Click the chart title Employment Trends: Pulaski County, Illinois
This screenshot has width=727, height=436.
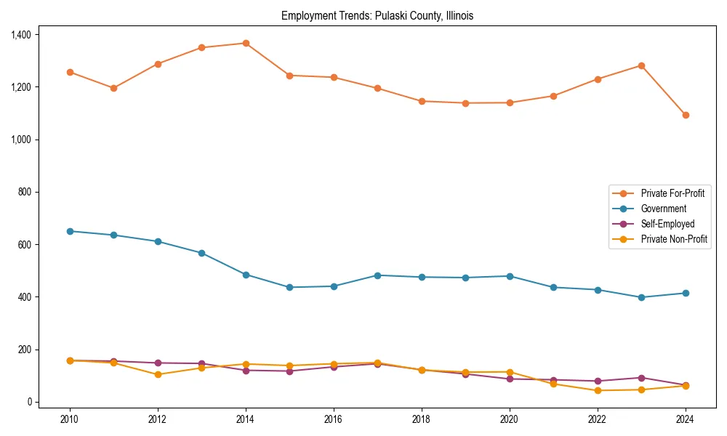pyautogui.click(x=377, y=16)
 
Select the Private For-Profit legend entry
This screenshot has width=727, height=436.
pyautogui.click(x=672, y=193)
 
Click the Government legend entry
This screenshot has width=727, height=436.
pyautogui.click(x=663, y=209)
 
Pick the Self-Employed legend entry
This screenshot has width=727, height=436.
pyautogui.click(x=667, y=224)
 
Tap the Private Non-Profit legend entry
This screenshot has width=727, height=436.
pyautogui.click(x=674, y=239)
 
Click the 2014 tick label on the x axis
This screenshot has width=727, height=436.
pyautogui.click(x=246, y=419)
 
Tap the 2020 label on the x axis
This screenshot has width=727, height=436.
pyautogui.click(x=510, y=419)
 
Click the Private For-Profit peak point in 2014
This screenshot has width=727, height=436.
pyautogui.click(x=246, y=44)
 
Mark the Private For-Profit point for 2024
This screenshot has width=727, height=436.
pyautogui.click(x=686, y=115)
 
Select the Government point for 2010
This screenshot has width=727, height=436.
pyautogui.click(x=70, y=231)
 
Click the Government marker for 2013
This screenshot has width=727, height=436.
pyautogui.click(x=201, y=253)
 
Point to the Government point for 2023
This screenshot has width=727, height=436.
pyautogui.click(x=641, y=297)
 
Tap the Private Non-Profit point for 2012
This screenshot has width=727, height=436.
pyautogui.click(x=158, y=374)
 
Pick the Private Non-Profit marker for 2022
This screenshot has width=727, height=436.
pyautogui.click(x=598, y=390)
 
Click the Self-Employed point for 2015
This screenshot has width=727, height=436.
pyautogui.click(x=289, y=371)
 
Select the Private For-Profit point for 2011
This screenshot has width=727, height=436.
pyautogui.click(x=113, y=88)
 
